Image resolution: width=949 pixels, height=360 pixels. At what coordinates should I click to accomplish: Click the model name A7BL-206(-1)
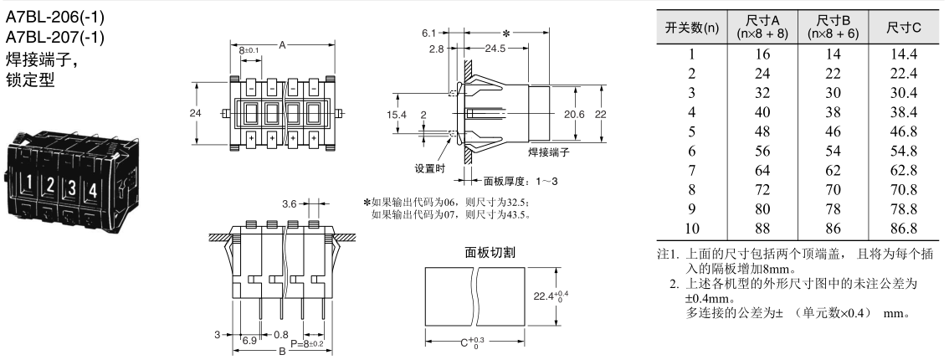(56, 17)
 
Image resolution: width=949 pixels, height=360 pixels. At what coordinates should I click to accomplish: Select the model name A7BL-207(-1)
(56, 38)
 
